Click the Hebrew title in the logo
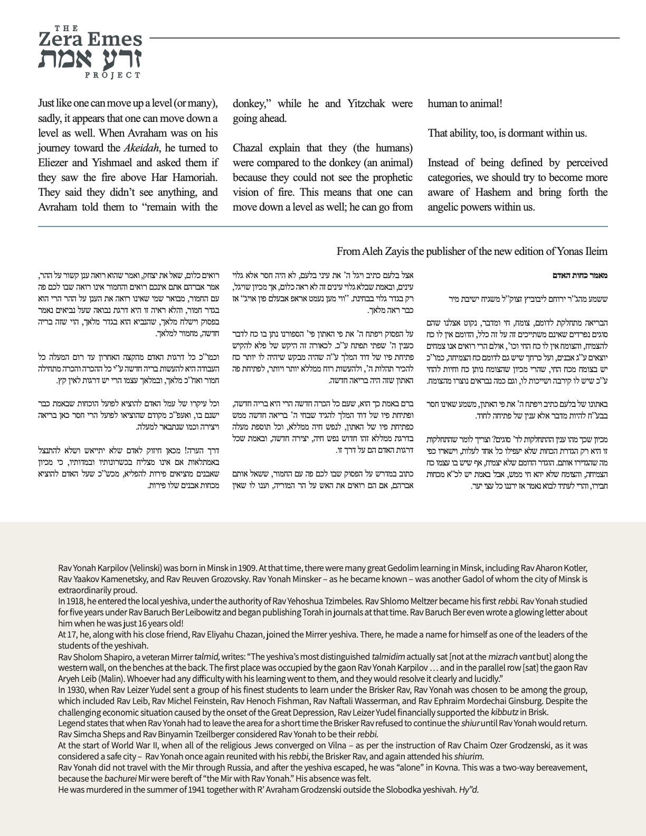pyautogui.click(x=90, y=59)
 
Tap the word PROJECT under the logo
pyautogui.click(x=112, y=75)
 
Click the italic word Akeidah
pyautogui.click(x=139, y=148)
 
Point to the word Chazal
pyautogui.click(x=250, y=148)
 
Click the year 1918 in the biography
pyautogui.click(x=74, y=601)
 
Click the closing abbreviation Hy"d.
pyautogui.click(x=469, y=790)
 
